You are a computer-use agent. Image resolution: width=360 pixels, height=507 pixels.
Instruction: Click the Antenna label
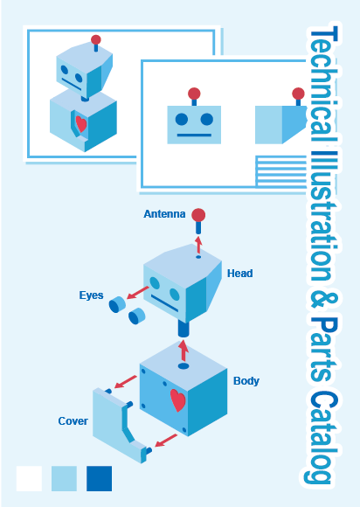point(164,214)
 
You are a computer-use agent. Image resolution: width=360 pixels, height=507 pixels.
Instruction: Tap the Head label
point(239,274)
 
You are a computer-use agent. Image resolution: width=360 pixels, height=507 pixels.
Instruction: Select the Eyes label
point(92,295)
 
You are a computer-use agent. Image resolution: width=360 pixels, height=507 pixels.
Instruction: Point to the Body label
point(246,381)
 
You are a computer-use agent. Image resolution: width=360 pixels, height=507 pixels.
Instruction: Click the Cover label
point(73,421)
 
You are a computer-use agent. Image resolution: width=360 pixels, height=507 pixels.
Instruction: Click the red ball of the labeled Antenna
point(198,215)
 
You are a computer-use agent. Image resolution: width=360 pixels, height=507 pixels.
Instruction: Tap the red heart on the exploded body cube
point(178,400)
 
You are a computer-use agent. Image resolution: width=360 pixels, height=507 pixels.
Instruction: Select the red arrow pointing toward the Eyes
point(138,292)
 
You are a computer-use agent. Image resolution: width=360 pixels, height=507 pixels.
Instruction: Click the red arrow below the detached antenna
point(198,245)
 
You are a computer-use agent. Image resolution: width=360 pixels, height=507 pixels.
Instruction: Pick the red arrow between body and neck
point(183,351)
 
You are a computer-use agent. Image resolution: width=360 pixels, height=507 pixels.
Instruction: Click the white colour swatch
point(29,478)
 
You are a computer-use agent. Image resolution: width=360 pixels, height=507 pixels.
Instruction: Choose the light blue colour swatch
point(65,478)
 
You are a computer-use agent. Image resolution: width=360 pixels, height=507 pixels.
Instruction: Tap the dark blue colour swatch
point(100,478)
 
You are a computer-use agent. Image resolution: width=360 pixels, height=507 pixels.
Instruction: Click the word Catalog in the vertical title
point(321,437)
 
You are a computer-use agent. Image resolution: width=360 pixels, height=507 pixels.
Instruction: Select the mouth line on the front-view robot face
point(194,135)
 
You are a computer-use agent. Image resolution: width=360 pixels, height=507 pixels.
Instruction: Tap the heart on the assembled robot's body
point(81,124)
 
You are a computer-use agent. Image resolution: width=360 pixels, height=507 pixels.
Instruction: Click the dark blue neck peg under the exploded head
point(183,329)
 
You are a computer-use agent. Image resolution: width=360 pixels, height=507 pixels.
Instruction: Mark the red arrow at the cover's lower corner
point(166,441)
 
